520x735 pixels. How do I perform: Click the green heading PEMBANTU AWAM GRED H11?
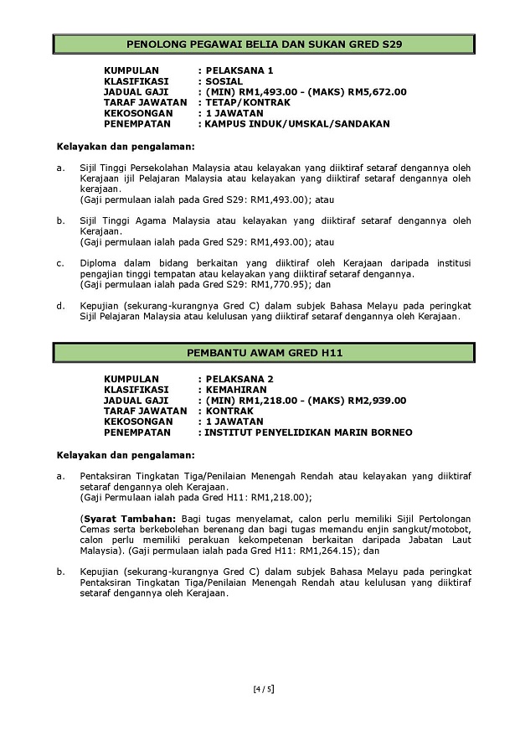coord(263,354)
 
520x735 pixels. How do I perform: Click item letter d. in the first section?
coord(61,306)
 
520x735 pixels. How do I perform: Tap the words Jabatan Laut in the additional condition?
coord(444,541)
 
